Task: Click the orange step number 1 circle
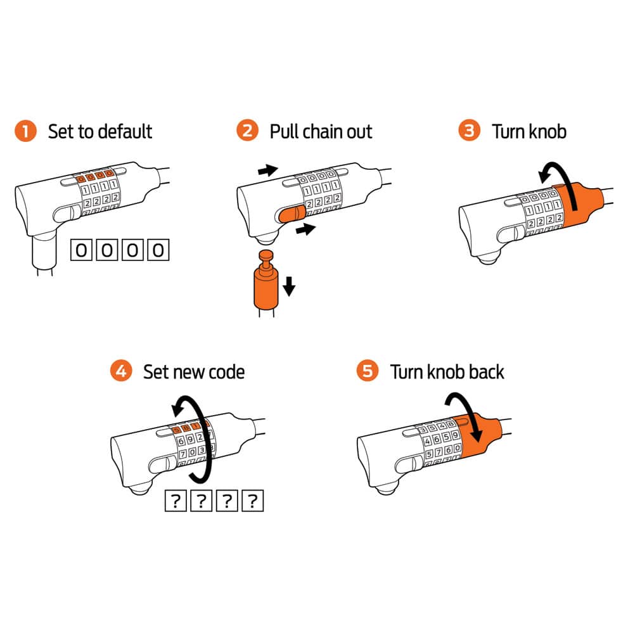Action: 25,131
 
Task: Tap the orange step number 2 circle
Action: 248,131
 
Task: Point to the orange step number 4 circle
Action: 121,371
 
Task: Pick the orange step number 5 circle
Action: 368,371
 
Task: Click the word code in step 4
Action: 226,372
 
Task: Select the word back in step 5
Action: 486,372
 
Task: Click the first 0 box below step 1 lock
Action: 81,250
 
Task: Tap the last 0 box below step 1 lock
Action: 158,250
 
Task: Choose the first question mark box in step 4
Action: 176,501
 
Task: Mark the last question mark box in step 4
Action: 253,501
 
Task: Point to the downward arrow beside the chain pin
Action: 289,286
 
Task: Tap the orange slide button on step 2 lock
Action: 291,214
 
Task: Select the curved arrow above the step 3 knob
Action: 561,180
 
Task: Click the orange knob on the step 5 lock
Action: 480,437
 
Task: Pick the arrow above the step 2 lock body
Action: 268,170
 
